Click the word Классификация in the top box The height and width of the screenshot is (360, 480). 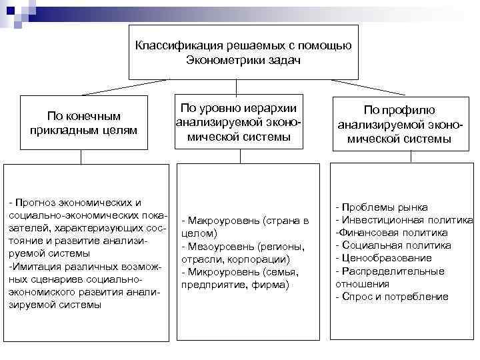175,46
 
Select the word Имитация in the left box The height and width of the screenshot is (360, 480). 31,267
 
